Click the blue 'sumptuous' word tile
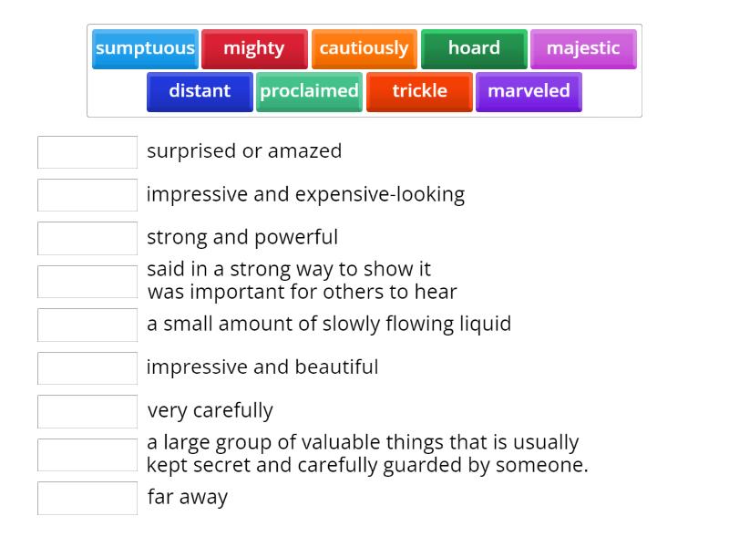145,48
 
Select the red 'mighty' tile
254,48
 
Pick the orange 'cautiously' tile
364,48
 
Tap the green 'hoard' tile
474,48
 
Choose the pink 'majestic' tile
583,48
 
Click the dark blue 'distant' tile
200,91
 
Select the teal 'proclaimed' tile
309,91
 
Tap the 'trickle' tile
419,91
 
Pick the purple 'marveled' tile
529,91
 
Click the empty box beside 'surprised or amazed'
87,152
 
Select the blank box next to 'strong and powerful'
87,238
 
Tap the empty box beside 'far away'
87,498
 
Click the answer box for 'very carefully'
87,411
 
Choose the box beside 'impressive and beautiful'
87,368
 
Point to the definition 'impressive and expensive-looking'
305,194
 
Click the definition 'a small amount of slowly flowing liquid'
329,324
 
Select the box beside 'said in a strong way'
87,282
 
